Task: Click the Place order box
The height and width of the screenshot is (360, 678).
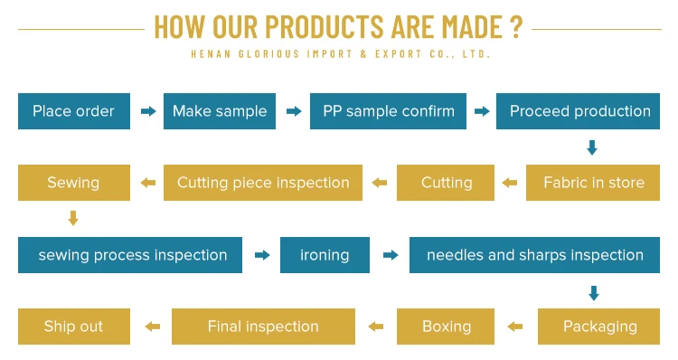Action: (74, 111)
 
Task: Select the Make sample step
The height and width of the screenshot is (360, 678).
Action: (220, 111)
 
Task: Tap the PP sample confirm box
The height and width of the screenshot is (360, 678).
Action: (389, 111)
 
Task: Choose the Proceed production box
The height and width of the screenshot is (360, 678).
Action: (579, 111)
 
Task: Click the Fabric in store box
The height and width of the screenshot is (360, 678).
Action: (593, 183)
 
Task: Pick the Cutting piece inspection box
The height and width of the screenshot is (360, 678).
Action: (263, 183)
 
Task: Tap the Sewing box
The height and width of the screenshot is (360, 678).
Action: (74, 183)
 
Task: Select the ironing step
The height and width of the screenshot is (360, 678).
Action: (325, 255)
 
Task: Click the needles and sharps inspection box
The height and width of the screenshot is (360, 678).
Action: (535, 255)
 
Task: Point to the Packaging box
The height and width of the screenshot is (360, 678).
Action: (598, 327)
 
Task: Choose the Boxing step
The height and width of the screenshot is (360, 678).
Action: (446, 327)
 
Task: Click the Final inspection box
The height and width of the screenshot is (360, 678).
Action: (263, 327)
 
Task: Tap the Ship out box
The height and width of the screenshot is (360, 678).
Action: (74, 327)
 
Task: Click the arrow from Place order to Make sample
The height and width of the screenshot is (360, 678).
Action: (148, 111)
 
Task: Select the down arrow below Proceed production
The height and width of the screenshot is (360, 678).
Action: (592, 147)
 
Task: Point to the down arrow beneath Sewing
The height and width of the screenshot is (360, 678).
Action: (73, 218)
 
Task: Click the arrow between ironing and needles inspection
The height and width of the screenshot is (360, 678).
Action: (391, 255)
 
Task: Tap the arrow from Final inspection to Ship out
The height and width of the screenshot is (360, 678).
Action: (152, 327)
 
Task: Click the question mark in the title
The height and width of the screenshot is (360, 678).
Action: (516, 27)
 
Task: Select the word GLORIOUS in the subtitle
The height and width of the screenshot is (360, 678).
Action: (268, 54)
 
